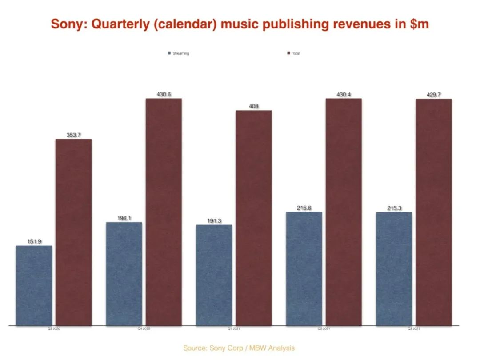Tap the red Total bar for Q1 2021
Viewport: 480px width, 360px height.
tap(253, 218)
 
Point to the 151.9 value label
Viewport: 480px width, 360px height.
tap(34, 241)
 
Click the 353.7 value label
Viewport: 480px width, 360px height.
tap(74, 135)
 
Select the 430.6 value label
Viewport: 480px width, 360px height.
tap(164, 94)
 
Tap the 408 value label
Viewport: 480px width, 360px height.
tap(253, 106)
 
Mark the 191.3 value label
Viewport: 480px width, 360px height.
tap(214, 220)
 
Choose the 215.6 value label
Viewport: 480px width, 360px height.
tap(304, 208)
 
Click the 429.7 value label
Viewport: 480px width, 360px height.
tap(433, 95)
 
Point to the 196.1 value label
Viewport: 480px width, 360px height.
tap(124, 218)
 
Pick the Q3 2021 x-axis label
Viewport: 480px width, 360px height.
tap(413, 329)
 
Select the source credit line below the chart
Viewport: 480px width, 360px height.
tap(239, 348)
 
